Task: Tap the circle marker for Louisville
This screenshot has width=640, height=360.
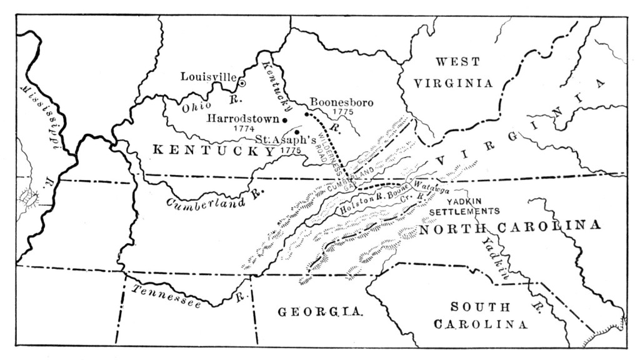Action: (242, 82)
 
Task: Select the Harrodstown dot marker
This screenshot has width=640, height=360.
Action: (284, 119)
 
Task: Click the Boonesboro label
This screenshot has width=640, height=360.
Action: (341, 101)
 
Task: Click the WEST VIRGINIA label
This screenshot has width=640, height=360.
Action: (457, 72)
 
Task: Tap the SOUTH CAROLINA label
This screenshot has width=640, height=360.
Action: (484, 316)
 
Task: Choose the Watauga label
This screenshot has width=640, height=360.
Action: (429, 187)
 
